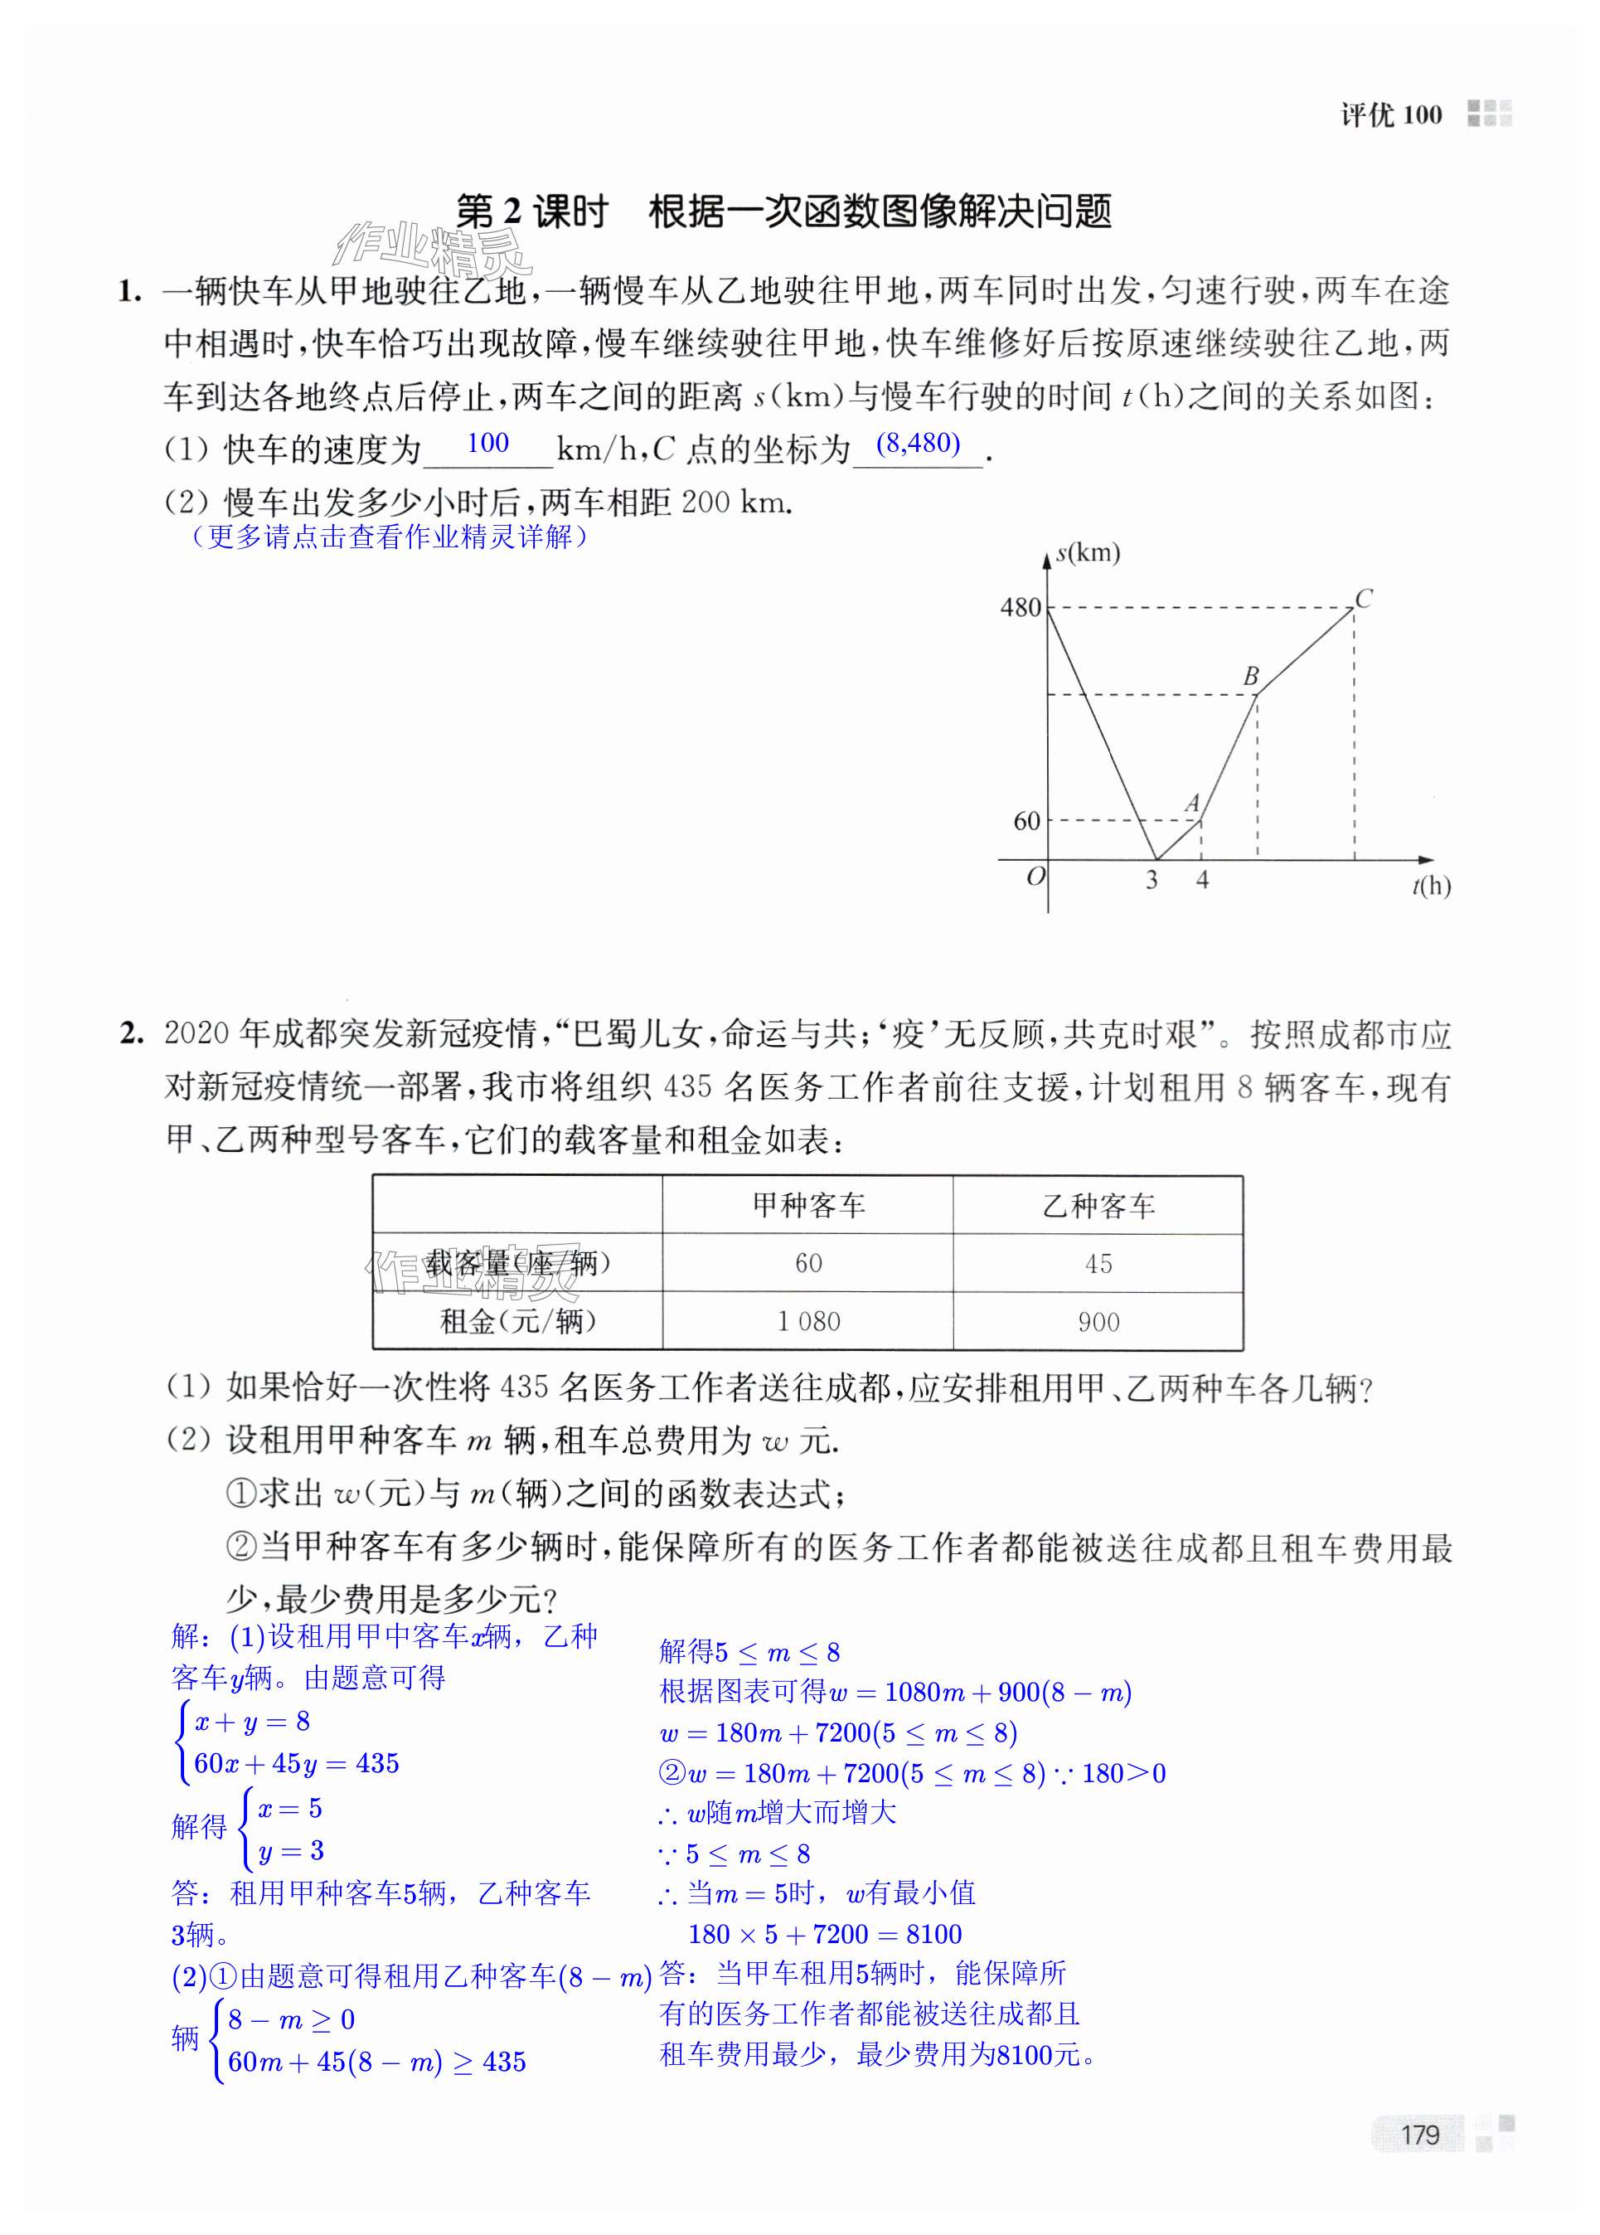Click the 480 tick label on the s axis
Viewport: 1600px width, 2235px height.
click(1020, 608)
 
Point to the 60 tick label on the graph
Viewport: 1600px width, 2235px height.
click(1026, 821)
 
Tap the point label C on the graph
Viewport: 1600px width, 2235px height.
click(1364, 598)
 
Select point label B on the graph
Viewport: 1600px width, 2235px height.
click(1250, 676)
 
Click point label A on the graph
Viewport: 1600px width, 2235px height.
click(1192, 802)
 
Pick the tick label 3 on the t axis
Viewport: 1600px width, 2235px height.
click(1152, 880)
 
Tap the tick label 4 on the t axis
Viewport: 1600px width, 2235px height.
click(1202, 880)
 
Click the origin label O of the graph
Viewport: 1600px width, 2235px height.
click(1035, 876)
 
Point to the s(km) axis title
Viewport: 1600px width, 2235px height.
click(1088, 553)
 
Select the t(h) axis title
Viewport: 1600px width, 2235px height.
click(1431, 886)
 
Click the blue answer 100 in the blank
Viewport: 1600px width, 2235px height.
click(487, 444)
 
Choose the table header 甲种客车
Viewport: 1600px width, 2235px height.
click(808, 1205)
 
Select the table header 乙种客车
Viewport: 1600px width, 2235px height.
click(1098, 1205)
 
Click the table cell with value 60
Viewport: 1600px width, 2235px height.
click(808, 1263)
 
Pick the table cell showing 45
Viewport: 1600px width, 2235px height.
click(1098, 1263)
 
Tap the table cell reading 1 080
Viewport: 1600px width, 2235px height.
click(808, 1321)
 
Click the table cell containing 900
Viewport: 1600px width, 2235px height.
click(1098, 1321)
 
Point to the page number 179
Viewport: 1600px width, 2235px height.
click(1420, 2135)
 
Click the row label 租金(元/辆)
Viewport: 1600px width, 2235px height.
click(517, 1321)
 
